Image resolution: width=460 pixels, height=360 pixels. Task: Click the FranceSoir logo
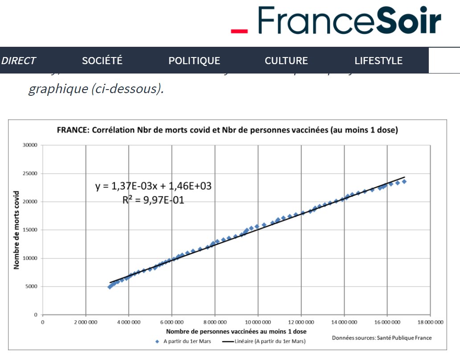pos(337,20)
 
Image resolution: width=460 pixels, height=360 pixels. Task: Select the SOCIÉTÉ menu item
pos(102,61)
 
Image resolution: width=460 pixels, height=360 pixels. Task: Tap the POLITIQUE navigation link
pos(194,61)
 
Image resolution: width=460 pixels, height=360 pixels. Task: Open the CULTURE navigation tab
pos(286,61)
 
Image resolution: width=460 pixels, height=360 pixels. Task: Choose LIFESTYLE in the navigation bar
pos(378,61)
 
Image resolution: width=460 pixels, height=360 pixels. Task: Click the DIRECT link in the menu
pos(18,61)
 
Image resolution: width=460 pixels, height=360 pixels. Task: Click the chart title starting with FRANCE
pos(227,131)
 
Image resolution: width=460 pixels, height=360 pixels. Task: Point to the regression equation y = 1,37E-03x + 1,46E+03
pos(153,186)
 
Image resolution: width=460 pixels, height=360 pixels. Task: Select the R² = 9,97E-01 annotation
pos(153,200)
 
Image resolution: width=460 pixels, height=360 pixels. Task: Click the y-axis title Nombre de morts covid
pos(17,230)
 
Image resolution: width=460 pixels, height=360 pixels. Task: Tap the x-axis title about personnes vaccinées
pos(236,331)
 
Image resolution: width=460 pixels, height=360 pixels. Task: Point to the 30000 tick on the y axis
pos(31,145)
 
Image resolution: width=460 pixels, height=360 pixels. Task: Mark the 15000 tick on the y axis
pos(31,230)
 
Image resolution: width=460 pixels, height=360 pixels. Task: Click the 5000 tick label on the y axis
pos(32,286)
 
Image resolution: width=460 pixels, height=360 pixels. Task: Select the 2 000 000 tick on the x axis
pos(86,321)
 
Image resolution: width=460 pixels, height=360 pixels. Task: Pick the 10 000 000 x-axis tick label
pos(258,321)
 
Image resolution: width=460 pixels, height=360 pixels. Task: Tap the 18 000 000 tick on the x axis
pos(430,321)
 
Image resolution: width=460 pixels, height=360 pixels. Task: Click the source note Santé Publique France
pos(382,338)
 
